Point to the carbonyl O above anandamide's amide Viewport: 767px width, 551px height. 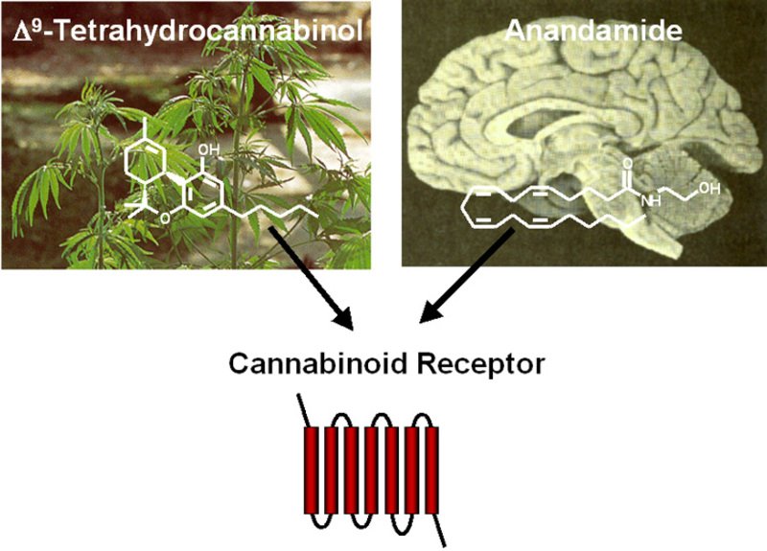(x=628, y=164)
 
